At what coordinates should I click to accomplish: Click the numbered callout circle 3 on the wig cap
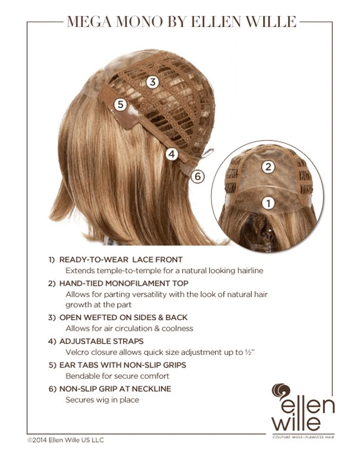(152, 82)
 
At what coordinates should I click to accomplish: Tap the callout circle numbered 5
(120, 104)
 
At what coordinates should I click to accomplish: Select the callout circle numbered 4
(172, 154)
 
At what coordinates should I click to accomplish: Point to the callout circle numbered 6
(197, 176)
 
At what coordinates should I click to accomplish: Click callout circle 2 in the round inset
(268, 167)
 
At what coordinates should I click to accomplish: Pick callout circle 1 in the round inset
(268, 203)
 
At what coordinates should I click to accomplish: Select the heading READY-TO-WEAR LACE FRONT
(121, 259)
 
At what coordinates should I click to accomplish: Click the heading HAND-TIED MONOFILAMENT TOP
(124, 283)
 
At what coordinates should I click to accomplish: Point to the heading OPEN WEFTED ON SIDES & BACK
(124, 317)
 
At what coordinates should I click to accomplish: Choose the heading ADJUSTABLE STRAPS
(101, 341)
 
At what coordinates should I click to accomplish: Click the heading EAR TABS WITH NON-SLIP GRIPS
(122, 365)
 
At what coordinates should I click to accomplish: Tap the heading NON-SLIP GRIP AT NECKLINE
(115, 389)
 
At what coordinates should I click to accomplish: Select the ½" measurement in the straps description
(250, 352)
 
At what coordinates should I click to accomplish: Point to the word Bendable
(79, 376)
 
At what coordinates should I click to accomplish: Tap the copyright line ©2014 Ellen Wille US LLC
(66, 439)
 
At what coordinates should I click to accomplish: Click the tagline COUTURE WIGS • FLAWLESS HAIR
(303, 437)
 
